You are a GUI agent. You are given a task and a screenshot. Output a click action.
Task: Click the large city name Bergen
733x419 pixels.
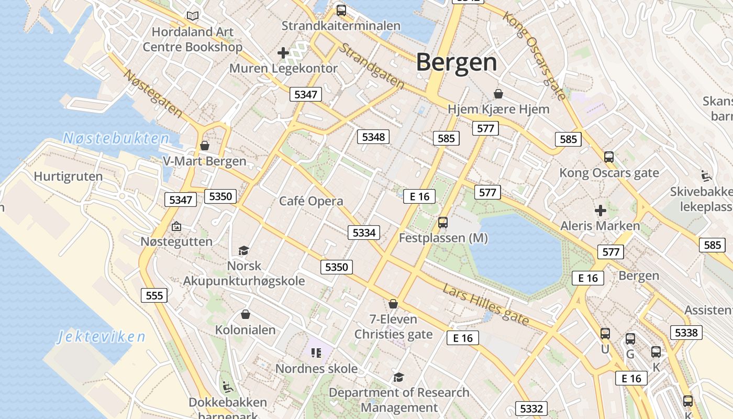pyautogui.click(x=456, y=62)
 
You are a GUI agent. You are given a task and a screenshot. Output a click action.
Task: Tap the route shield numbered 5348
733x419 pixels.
pyautogui.click(x=373, y=137)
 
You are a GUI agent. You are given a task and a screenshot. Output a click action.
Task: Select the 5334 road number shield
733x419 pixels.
pyautogui.click(x=364, y=233)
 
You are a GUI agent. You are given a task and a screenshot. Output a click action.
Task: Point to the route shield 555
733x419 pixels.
pyautogui.click(x=154, y=295)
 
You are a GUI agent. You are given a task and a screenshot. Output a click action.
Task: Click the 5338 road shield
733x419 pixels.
pyautogui.click(x=686, y=333)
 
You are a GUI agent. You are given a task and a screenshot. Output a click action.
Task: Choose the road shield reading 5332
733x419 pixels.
pyautogui.click(x=532, y=409)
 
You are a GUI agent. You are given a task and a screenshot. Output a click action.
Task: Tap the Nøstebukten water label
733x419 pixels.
pyautogui.click(x=116, y=139)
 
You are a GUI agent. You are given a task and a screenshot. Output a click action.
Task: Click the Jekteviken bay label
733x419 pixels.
pyautogui.click(x=101, y=336)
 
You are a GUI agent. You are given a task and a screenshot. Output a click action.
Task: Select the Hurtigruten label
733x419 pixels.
pyautogui.click(x=68, y=176)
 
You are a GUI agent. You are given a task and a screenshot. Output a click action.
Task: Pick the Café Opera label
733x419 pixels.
pyautogui.click(x=311, y=201)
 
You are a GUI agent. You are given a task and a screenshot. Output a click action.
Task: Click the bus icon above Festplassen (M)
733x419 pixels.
pyautogui.click(x=443, y=223)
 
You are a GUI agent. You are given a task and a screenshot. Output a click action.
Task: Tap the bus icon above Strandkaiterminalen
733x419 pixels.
pyautogui.click(x=341, y=10)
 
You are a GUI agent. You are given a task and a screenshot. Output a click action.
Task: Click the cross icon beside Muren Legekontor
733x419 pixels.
pyautogui.click(x=283, y=53)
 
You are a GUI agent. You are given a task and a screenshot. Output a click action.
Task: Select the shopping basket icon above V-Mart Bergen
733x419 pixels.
pyautogui.click(x=205, y=146)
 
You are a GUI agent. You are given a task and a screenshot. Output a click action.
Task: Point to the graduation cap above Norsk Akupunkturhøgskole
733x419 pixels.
pyautogui.click(x=243, y=250)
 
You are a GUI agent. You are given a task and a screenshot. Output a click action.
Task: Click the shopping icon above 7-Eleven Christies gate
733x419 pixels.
pyautogui.click(x=393, y=304)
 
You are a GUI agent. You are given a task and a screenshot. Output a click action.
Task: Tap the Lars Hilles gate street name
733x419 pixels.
pyautogui.click(x=485, y=305)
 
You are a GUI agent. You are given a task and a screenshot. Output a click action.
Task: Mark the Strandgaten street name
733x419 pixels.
pyautogui.click(x=372, y=65)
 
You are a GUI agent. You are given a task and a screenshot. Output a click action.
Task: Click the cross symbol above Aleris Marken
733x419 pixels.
pyautogui.click(x=600, y=211)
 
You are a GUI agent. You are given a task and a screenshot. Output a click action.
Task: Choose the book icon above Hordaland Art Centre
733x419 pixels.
pyautogui.click(x=193, y=16)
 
